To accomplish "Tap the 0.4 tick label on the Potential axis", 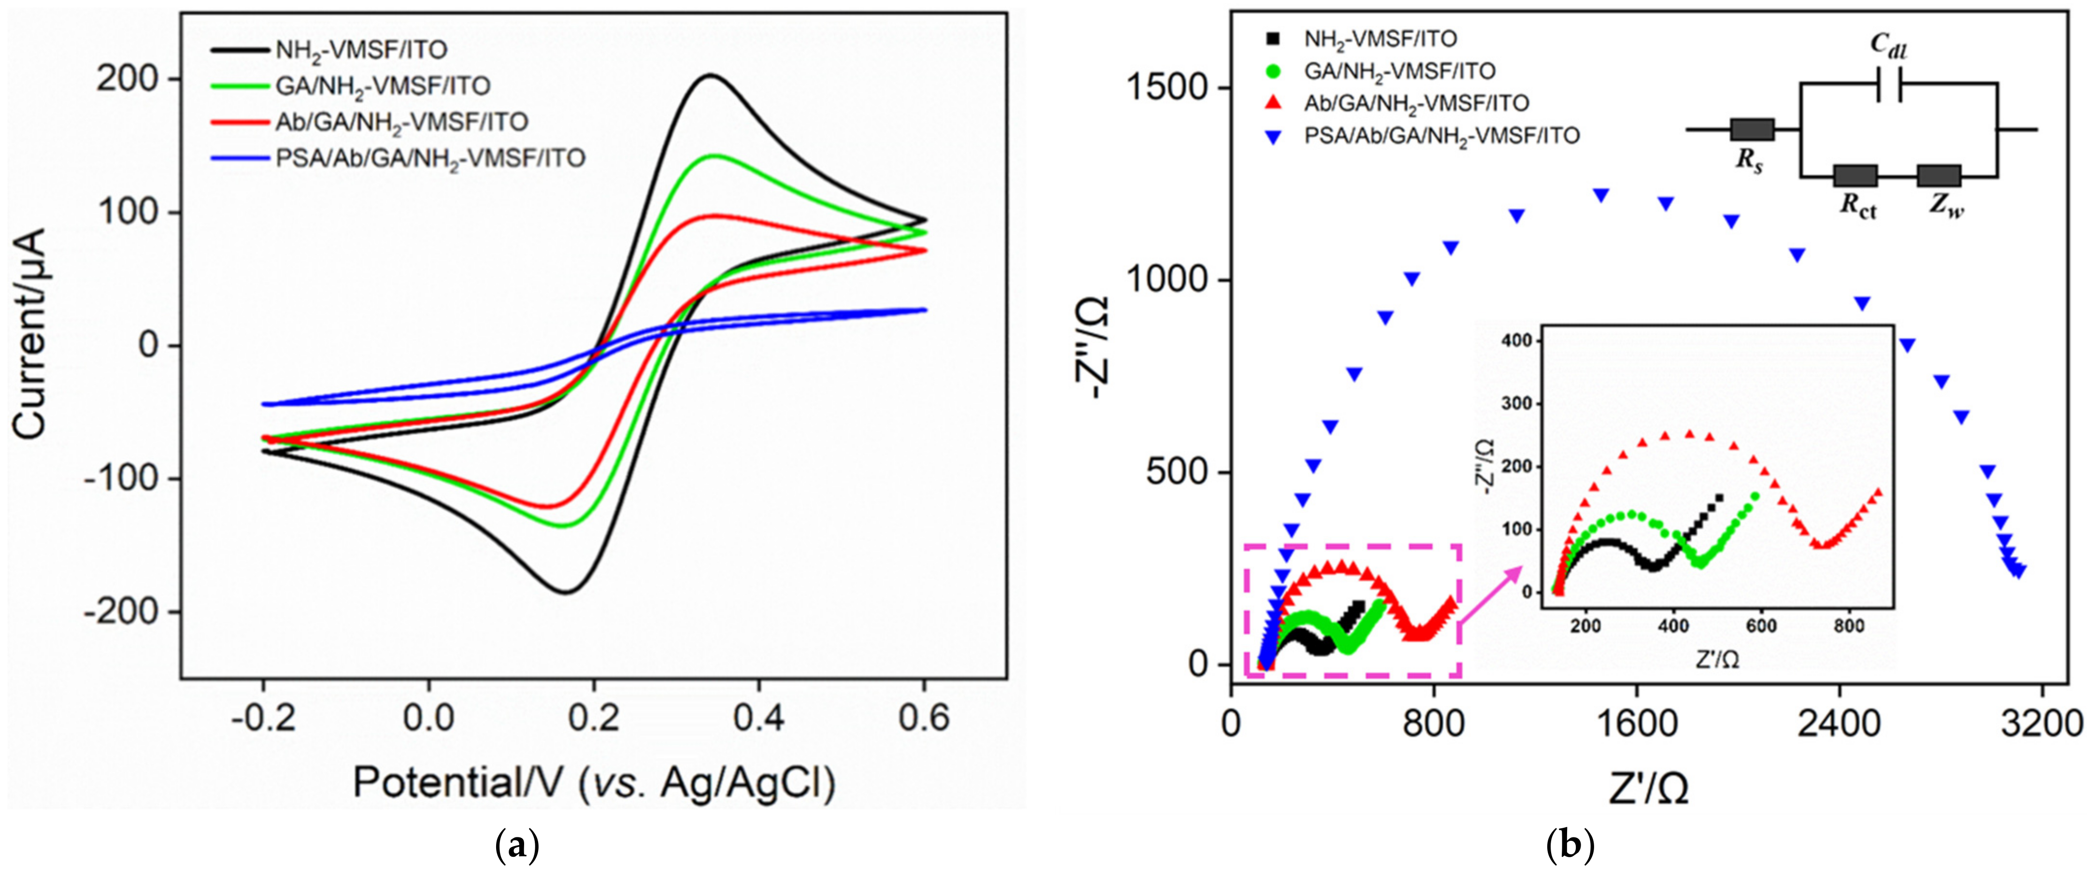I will (759, 718).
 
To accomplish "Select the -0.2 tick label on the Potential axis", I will (263, 718).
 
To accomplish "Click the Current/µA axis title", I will (31, 334).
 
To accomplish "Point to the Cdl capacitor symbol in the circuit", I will (1889, 84).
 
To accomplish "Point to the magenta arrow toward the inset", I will (1490, 595).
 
